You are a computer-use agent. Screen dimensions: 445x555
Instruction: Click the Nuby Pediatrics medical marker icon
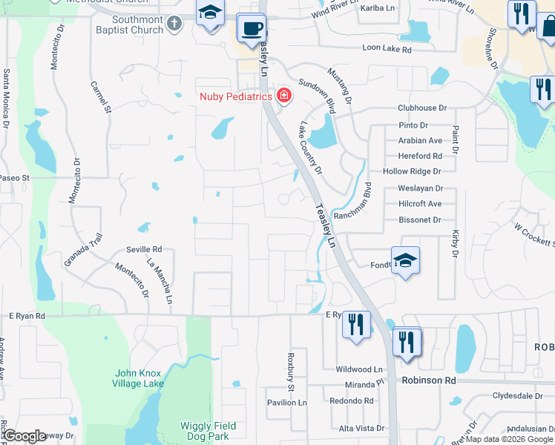point(283,96)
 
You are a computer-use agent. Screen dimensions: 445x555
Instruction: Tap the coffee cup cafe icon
point(252,28)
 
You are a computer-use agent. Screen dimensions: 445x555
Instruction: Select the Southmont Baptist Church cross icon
point(174,24)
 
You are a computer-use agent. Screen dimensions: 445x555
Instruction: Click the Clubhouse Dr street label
point(422,108)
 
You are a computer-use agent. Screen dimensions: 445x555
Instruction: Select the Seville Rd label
point(144,250)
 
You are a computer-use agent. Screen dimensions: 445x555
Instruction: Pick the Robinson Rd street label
point(429,380)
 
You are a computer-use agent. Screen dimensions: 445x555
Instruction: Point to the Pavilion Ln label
point(287,403)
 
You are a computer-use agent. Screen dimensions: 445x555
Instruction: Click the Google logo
point(24,436)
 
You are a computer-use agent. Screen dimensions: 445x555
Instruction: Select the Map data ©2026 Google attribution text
point(509,439)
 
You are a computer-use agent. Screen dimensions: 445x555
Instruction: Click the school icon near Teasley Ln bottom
point(405,261)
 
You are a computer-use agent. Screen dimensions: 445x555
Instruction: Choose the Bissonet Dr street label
point(419,220)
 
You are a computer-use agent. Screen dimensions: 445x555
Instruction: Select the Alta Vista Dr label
point(361,429)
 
